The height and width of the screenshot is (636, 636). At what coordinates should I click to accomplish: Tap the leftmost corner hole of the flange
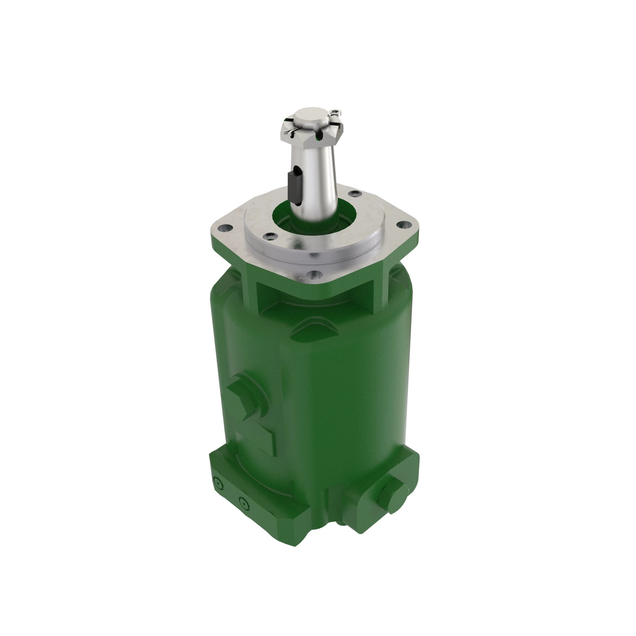tap(225, 227)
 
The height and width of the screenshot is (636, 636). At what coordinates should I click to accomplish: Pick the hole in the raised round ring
tap(270, 235)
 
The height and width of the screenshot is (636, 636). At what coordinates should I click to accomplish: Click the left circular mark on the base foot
tap(218, 483)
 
